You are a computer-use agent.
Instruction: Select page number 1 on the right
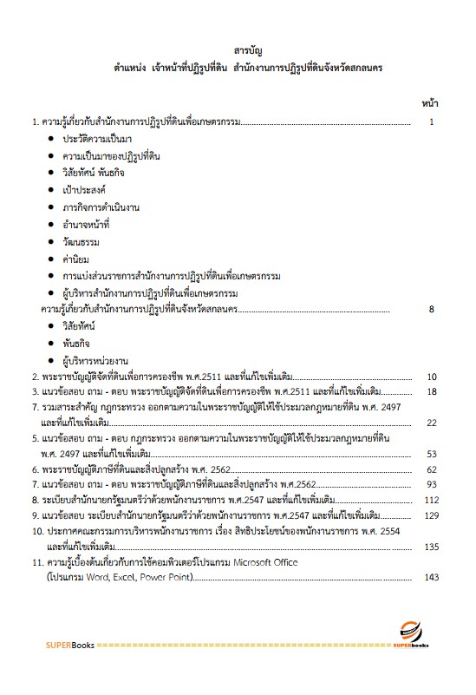[x=431, y=122]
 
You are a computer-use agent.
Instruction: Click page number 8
[x=431, y=309]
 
